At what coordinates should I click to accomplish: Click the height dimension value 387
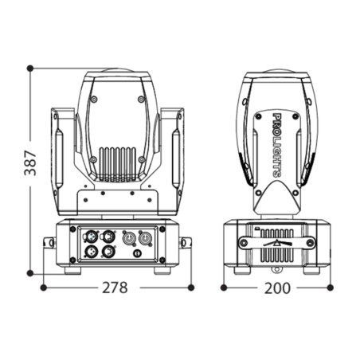pos(30,162)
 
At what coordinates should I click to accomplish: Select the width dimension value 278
pos(115,288)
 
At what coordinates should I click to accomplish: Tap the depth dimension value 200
pos(277,288)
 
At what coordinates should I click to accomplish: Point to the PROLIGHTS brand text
pos(277,145)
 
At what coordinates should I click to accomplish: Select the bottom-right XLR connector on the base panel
pos(108,251)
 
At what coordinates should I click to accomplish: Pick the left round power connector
pos(129,237)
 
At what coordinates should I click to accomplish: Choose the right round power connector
pos(145,237)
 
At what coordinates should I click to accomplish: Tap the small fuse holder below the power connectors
pos(137,253)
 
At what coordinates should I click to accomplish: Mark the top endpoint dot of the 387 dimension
pos(30,68)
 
